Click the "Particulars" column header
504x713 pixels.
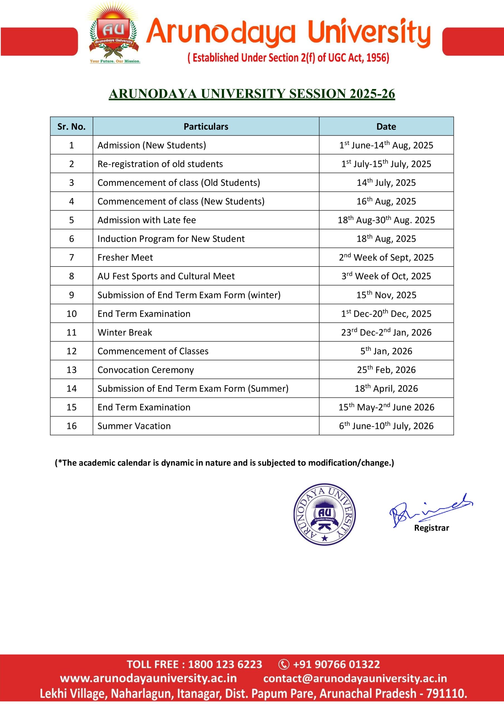(206, 126)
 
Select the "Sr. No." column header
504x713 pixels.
(71, 126)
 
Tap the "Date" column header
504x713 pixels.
(386, 126)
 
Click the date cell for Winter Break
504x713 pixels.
(386, 332)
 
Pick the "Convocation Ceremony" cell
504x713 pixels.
(146, 370)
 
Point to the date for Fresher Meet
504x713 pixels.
(386, 257)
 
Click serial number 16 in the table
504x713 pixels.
(71, 426)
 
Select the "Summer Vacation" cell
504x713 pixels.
(134, 426)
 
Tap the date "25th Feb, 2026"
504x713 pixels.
(386, 370)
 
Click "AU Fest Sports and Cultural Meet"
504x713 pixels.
(166, 276)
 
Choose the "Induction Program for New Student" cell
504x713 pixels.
(171, 238)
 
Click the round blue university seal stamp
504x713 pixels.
(324, 514)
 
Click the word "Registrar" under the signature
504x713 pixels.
(431, 528)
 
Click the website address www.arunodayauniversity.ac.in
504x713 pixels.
(148, 678)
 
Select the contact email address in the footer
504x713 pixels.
(355, 678)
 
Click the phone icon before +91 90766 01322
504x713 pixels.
(284, 665)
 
